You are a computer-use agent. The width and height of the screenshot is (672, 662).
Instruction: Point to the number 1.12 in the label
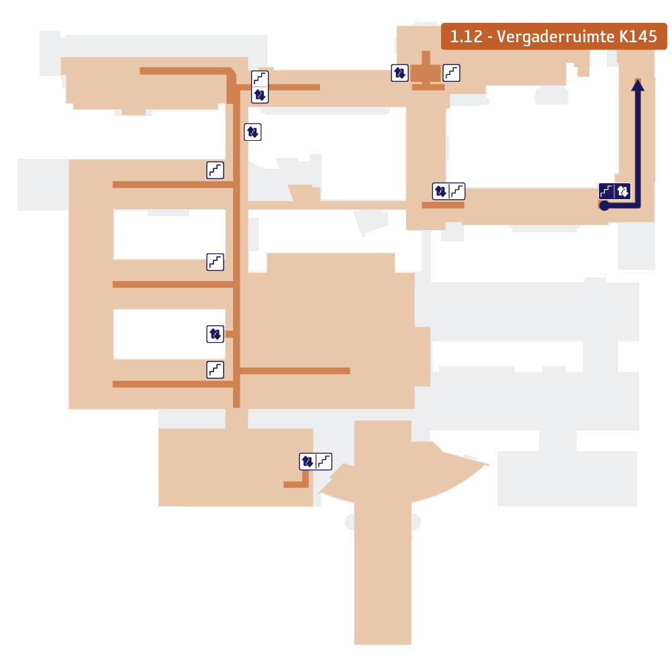(x=466, y=37)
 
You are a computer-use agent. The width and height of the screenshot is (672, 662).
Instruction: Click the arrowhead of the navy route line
(x=638, y=84)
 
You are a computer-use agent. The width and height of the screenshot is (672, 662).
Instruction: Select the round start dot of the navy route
(x=604, y=206)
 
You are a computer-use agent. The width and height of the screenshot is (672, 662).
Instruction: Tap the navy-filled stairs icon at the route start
(x=607, y=191)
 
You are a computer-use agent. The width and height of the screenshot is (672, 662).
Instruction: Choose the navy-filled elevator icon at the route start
(x=623, y=191)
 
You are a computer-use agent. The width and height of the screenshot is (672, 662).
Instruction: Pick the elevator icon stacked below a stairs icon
(x=260, y=95)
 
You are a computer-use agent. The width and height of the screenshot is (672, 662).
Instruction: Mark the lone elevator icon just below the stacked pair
(x=252, y=132)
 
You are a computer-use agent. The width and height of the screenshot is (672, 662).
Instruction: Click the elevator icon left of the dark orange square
(x=399, y=72)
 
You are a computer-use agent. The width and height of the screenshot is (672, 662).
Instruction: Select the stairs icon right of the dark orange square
(x=452, y=72)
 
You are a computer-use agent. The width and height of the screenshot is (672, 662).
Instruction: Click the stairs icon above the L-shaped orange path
(x=324, y=461)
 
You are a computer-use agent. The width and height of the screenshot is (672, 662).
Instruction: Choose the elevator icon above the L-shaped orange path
(x=307, y=461)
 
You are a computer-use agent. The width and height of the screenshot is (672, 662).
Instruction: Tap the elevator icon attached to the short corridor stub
(x=214, y=333)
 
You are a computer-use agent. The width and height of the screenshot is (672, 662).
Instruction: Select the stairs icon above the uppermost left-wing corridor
(x=215, y=170)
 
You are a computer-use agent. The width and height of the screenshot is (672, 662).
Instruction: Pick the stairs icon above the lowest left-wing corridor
(x=215, y=369)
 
